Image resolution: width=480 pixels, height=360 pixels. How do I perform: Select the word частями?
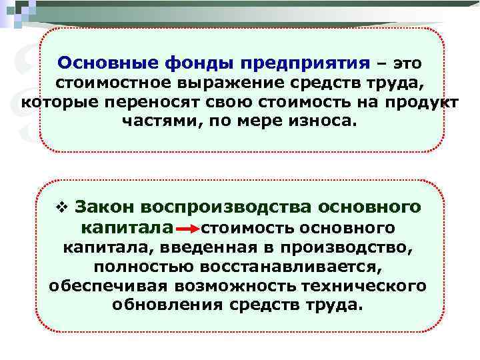tap(157, 123)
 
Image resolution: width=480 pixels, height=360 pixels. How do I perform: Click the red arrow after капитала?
tap(189, 229)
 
